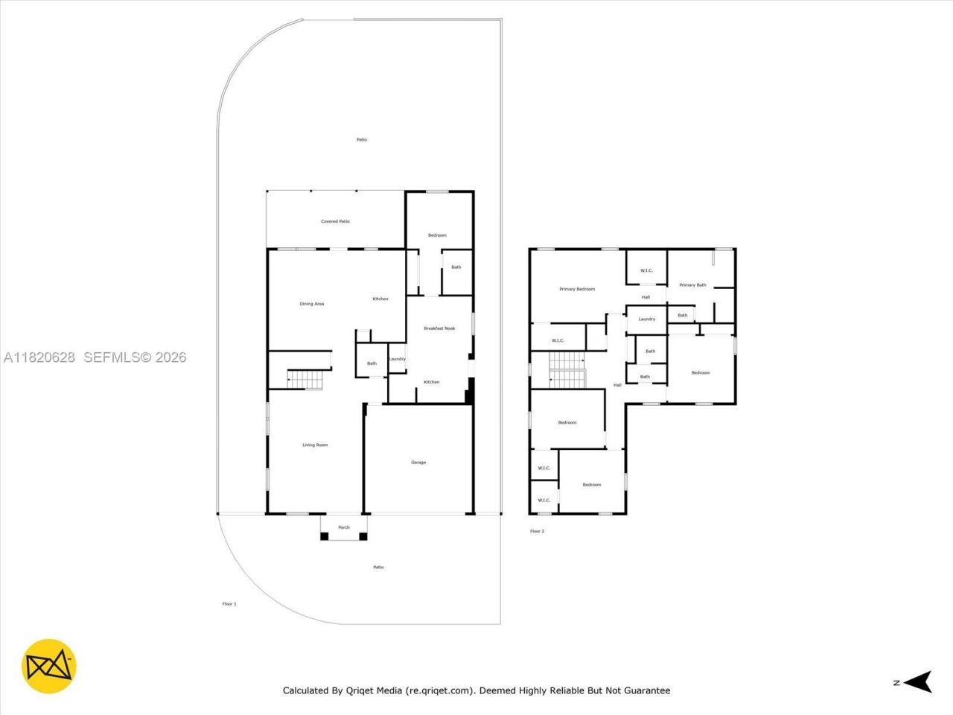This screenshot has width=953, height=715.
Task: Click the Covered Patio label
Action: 335,221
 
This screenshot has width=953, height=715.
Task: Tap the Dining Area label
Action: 311,304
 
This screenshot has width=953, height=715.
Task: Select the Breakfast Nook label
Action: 439,328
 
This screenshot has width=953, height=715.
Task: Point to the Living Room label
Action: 315,445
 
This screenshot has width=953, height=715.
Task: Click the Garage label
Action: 418,463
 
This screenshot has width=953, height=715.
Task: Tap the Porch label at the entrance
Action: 344,527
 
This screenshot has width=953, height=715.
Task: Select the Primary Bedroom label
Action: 577,289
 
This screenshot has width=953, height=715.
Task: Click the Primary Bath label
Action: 692,285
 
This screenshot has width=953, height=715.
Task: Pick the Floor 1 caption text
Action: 229,604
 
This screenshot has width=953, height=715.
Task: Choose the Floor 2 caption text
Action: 537,531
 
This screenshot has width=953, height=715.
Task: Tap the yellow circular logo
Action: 48,666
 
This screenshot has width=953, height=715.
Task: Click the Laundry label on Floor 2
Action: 646,319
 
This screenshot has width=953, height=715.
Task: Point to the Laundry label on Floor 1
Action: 397,359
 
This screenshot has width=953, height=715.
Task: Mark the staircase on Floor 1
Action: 306,379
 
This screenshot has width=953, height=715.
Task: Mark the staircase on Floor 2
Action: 567,370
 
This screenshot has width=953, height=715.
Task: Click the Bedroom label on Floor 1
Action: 437,235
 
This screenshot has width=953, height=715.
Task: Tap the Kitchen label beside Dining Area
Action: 380,299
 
